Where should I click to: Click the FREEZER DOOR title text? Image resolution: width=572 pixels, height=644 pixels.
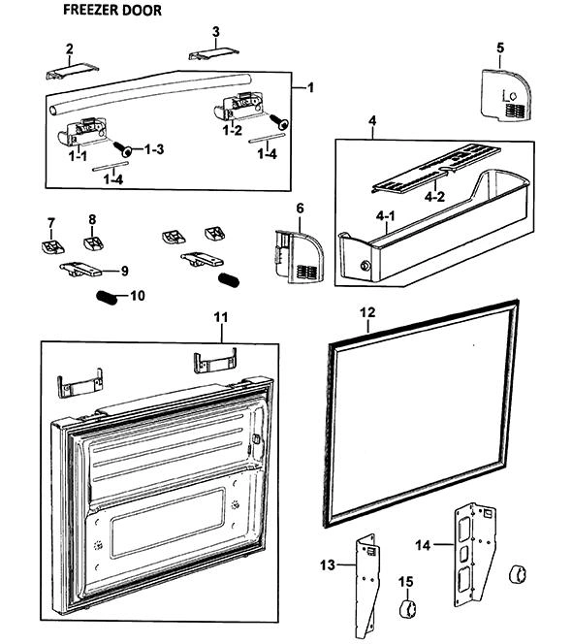click(112, 10)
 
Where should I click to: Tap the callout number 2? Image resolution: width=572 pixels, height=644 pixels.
click(70, 48)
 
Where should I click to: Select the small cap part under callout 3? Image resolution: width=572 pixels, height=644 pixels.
click(213, 53)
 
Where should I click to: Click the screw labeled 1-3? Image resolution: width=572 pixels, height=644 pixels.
click(122, 148)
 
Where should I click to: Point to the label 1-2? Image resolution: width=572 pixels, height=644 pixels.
click(233, 130)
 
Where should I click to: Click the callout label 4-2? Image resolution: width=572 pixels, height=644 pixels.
click(434, 197)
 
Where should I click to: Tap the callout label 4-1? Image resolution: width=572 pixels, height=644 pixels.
click(386, 215)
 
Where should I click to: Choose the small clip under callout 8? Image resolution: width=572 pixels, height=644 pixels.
click(94, 243)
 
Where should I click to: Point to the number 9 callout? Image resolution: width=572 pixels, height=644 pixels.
click(124, 271)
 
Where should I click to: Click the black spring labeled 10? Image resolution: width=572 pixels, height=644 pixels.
click(107, 298)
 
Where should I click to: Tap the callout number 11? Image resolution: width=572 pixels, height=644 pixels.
click(221, 317)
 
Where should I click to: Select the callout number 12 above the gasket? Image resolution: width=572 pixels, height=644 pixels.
click(367, 312)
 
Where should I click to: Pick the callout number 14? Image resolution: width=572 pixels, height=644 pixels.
click(423, 545)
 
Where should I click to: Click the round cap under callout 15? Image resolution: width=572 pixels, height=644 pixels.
click(407, 608)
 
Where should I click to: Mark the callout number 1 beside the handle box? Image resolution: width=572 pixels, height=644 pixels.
click(310, 87)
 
